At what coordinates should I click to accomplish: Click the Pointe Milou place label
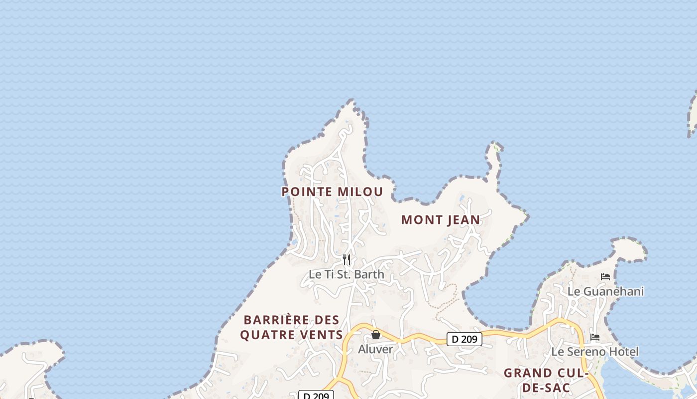pos(332,192)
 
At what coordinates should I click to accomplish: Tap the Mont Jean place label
pos(441,219)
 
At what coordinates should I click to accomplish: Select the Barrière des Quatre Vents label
pos(291,327)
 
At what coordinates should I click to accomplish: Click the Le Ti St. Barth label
pos(347,274)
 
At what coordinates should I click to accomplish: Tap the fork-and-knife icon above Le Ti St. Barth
pos(347,260)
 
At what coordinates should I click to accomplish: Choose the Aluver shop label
pos(375,349)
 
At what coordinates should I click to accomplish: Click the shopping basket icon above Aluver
pos(376,335)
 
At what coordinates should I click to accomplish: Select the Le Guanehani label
pos(605,291)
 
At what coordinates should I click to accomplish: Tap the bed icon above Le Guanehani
pos(605,277)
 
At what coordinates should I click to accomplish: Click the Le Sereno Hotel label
pos(594,352)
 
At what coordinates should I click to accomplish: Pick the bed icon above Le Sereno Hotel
pos(594,337)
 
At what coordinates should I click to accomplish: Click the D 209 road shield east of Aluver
pos(465,339)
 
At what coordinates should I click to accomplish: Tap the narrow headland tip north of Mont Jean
pos(496,144)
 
